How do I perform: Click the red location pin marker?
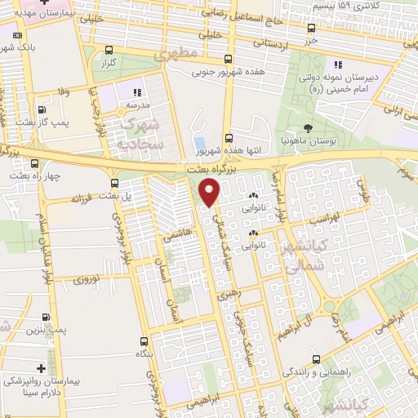(211, 191)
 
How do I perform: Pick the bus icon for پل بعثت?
(113, 183)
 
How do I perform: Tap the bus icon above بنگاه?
(144, 342)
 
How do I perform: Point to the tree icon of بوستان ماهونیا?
(308, 128)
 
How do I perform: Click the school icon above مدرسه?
(136, 93)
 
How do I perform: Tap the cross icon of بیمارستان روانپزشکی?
(42, 368)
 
